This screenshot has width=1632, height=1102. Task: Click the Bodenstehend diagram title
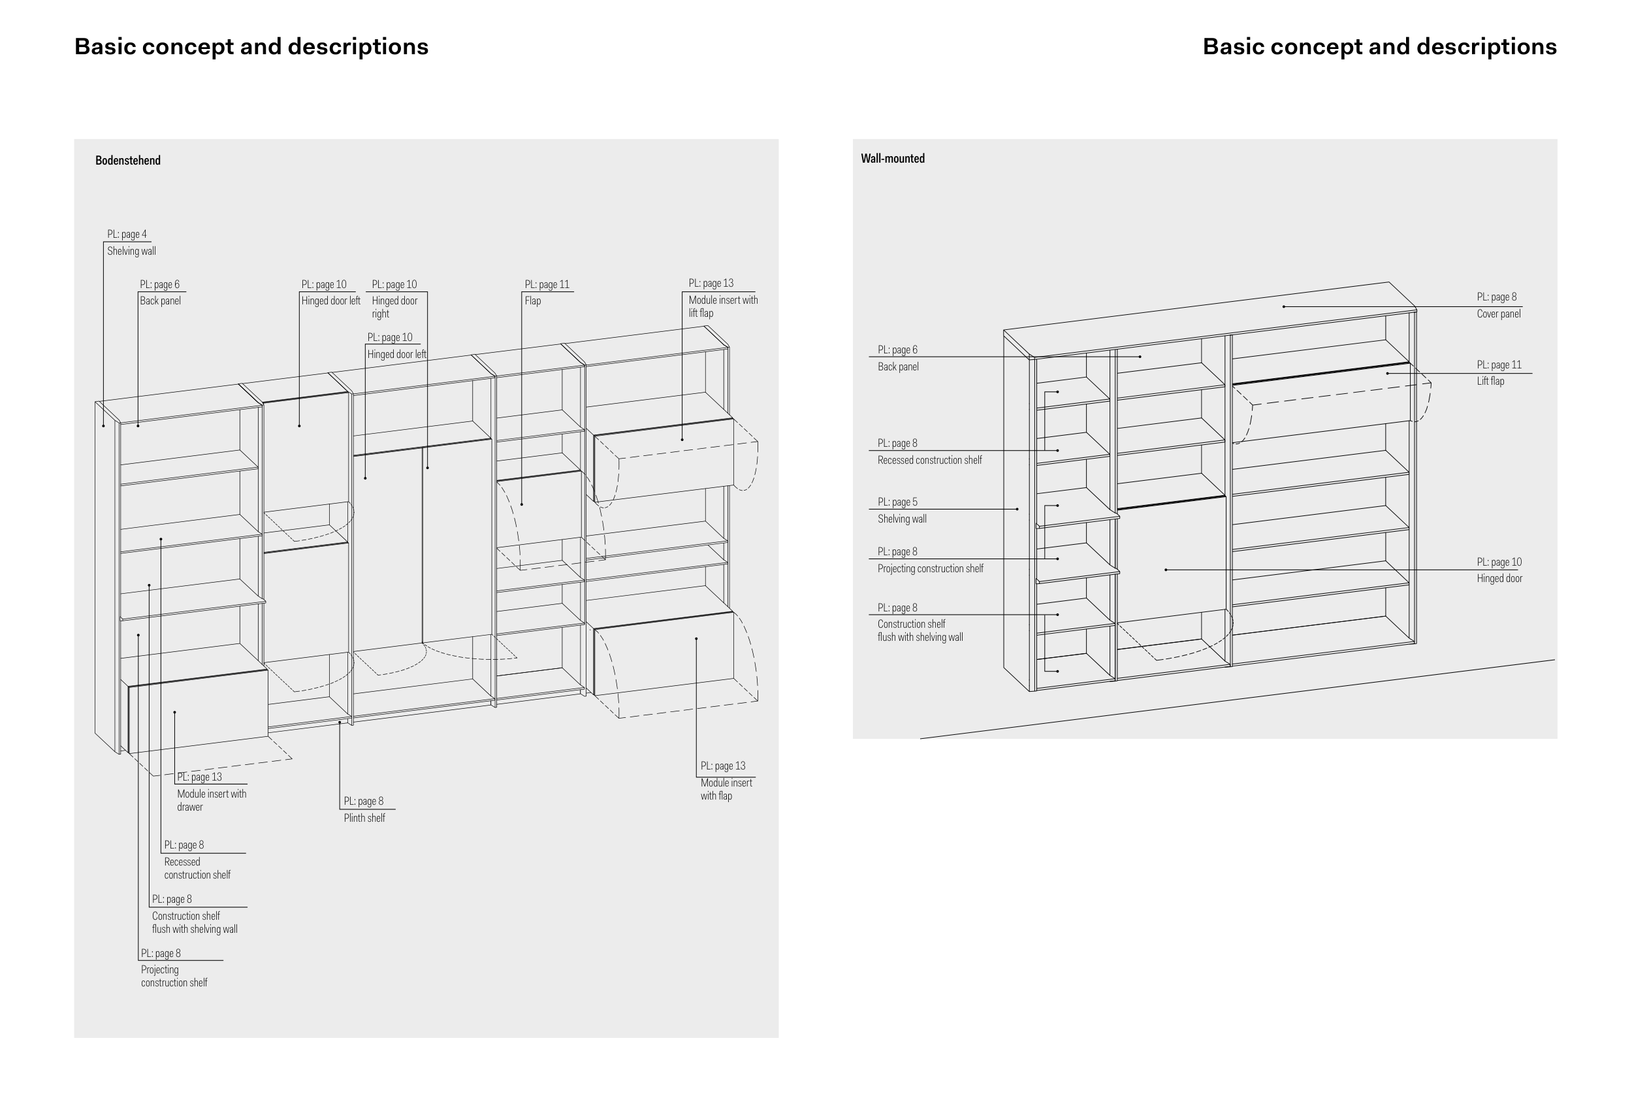click(128, 160)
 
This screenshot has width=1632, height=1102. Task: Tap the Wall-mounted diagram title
click(892, 159)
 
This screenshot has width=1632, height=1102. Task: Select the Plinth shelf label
click(364, 818)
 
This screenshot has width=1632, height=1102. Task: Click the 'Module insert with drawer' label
click(212, 800)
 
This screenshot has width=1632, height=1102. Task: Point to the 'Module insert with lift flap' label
click(722, 306)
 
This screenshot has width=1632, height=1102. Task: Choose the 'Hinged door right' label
click(394, 307)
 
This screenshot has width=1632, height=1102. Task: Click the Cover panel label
click(1498, 314)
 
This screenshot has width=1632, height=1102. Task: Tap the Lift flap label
click(1490, 381)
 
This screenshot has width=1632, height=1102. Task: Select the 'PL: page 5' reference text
click(897, 502)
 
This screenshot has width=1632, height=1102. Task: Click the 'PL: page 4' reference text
click(127, 234)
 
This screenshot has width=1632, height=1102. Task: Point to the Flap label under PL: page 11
click(532, 300)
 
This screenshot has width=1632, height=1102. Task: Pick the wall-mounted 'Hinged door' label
click(1499, 578)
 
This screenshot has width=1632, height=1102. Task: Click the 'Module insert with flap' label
click(726, 788)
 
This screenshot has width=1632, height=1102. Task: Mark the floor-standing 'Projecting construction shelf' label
click(174, 975)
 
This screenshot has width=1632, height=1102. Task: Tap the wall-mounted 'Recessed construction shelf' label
click(929, 460)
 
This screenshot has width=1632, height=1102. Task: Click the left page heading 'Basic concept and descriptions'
click(251, 46)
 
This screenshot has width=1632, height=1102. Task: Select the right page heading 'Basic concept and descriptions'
click(1379, 46)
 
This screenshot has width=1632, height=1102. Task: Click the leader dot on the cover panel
click(1284, 306)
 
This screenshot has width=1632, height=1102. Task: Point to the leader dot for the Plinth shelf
click(340, 722)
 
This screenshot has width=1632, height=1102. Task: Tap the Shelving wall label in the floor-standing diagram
click(131, 251)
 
